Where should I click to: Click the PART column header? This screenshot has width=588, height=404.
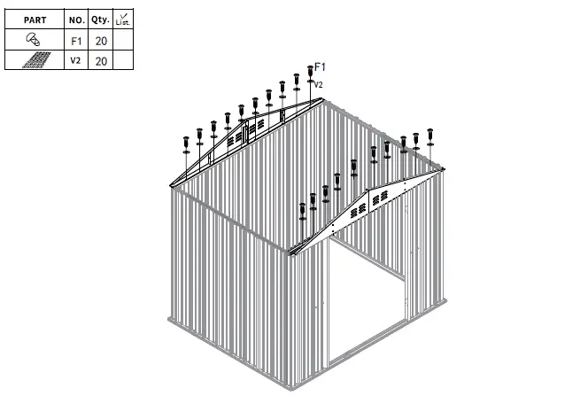(35, 19)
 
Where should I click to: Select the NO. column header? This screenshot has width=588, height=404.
(76, 19)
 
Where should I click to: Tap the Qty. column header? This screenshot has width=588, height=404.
(100, 19)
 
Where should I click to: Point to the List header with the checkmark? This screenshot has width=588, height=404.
(123, 19)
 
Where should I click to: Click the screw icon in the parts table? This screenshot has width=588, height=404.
(35, 40)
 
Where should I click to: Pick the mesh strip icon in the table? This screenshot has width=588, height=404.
(35, 60)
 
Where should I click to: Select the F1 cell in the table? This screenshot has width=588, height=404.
(76, 40)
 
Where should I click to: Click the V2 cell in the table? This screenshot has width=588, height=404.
(76, 60)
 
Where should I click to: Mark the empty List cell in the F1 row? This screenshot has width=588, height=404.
(123, 40)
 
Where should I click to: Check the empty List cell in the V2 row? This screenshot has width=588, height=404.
(123, 60)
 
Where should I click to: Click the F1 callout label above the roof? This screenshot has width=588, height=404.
(321, 67)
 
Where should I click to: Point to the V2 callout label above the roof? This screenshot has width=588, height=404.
(319, 84)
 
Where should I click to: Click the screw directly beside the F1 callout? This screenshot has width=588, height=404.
(310, 74)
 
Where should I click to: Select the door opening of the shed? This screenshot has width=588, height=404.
(367, 301)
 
